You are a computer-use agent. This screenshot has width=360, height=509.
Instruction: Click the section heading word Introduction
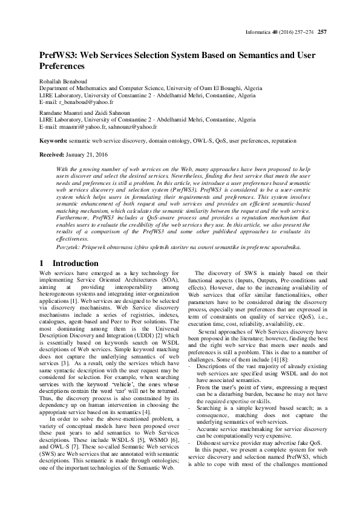pyautogui.click(x=76, y=264)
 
